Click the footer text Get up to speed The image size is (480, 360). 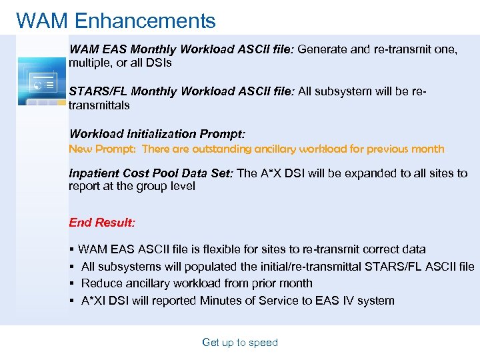click(x=240, y=343)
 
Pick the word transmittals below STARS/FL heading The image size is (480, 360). click(x=99, y=105)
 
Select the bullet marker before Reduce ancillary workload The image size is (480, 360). click(x=71, y=283)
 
